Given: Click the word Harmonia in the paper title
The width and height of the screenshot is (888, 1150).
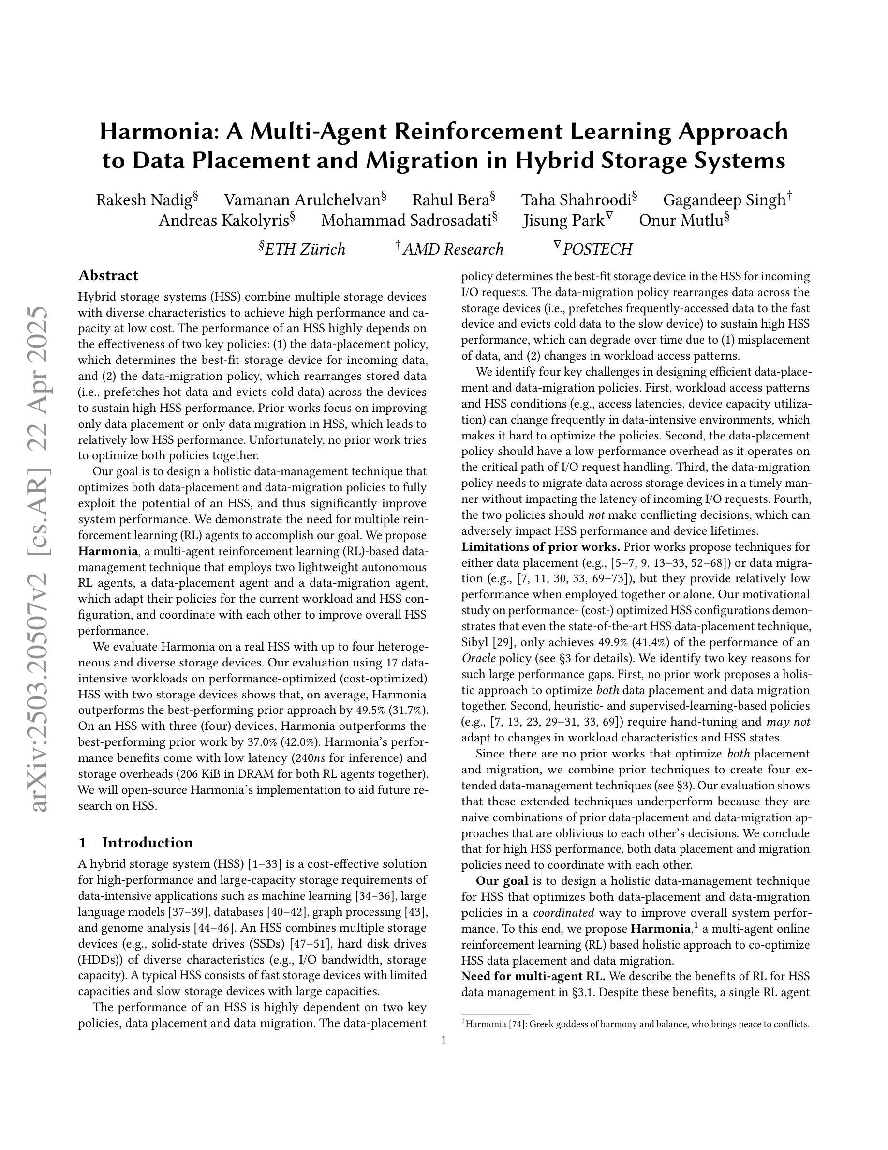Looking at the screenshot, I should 159,132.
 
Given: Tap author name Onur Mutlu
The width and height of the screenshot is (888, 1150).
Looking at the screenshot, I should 681,221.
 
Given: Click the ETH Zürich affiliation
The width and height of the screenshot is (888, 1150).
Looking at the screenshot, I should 305,249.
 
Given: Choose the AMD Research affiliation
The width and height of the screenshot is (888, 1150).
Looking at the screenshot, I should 453,249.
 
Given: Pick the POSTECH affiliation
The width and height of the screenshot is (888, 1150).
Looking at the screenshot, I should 597,249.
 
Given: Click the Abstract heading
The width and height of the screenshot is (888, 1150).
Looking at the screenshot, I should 108,275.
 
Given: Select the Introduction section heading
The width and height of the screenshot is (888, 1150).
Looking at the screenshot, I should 148,843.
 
